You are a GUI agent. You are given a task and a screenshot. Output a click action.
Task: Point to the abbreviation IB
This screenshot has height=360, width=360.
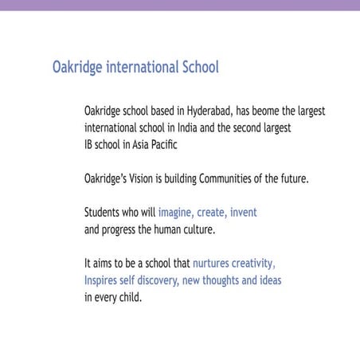click(x=88, y=145)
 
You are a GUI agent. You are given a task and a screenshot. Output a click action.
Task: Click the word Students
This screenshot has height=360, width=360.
click(x=103, y=213)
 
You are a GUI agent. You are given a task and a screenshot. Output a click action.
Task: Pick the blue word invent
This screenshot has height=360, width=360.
click(x=243, y=213)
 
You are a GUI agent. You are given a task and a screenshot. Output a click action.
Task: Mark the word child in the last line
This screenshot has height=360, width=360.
click(x=129, y=298)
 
